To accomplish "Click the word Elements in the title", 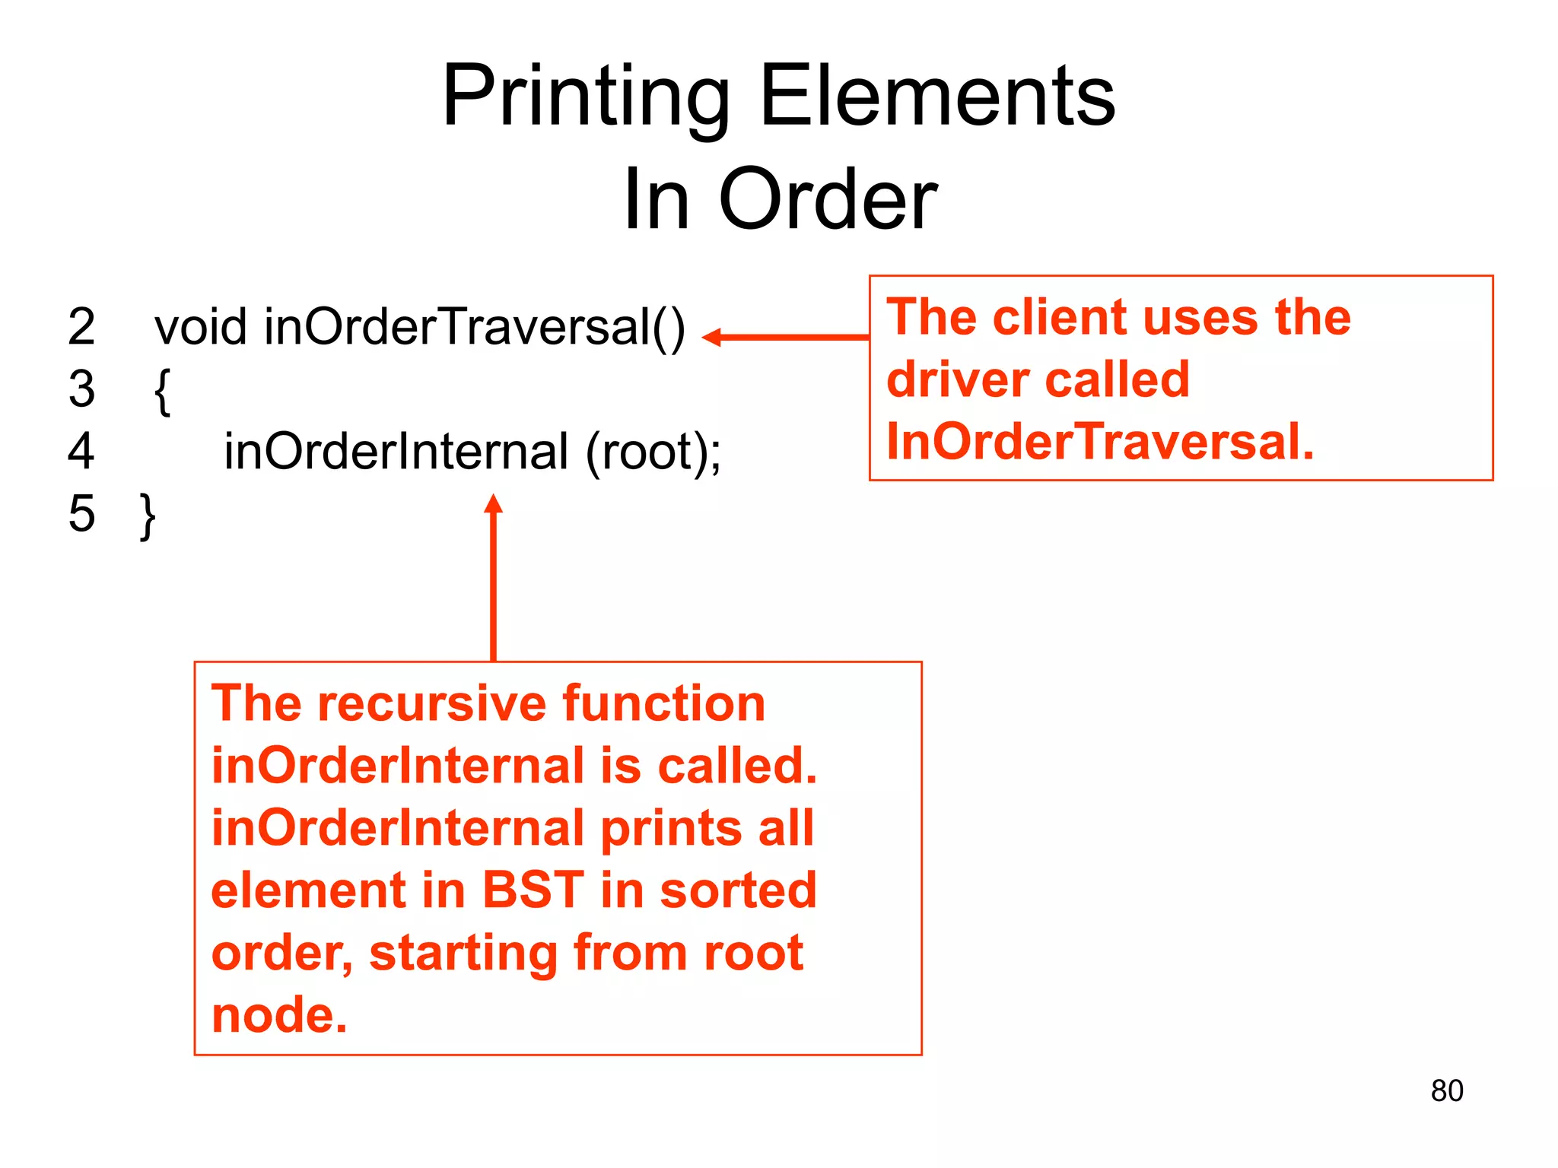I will [x=937, y=97].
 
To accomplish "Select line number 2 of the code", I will [x=81, y=327].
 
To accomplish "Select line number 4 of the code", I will [x=81, y=451].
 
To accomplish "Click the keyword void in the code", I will [x=201, y=327].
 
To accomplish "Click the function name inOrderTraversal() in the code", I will [x=475, y=327].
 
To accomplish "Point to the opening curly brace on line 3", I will [x=162, y=390].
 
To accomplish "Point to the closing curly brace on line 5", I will [x=148, y=516].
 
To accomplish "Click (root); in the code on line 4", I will [x=653, y=452].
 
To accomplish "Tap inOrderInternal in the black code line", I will [x=396, y=451].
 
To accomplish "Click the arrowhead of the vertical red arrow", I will [x=494, y=503].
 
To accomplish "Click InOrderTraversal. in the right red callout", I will [x=1100, y=442].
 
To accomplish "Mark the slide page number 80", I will [x=1446, y=1090].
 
